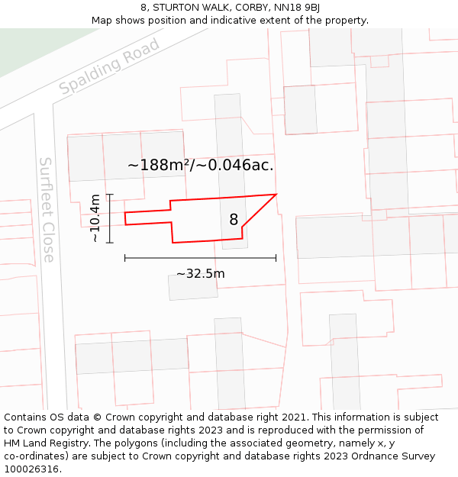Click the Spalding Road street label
coord(109,66)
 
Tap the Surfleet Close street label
coord(47,209)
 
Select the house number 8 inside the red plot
coord(234,220)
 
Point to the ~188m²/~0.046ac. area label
coord(200,165)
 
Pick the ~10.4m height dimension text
coord(95,218)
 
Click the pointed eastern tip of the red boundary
coord(276,194)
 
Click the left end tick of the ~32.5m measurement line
coord(125,258)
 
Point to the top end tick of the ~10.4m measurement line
coord(110,195)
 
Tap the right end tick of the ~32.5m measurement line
coord(276,258)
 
